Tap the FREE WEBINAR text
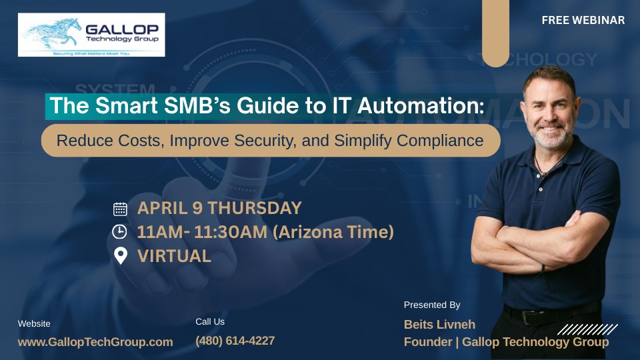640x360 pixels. coord(583,21)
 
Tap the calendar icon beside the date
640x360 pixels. coord(120,209)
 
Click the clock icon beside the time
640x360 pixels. coord(120,232)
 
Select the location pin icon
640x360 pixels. coord(120,256)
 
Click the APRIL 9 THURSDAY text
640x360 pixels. coord(219,208)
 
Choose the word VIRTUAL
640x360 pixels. coord(174,256)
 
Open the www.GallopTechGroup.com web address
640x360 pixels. coord(95,342)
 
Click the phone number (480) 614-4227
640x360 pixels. coord(235,341)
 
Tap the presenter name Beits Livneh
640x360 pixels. coord(439,325)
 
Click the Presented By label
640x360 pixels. coord(432,305)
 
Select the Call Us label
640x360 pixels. coord(210,321)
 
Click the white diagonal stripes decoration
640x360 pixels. coord(587,329)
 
